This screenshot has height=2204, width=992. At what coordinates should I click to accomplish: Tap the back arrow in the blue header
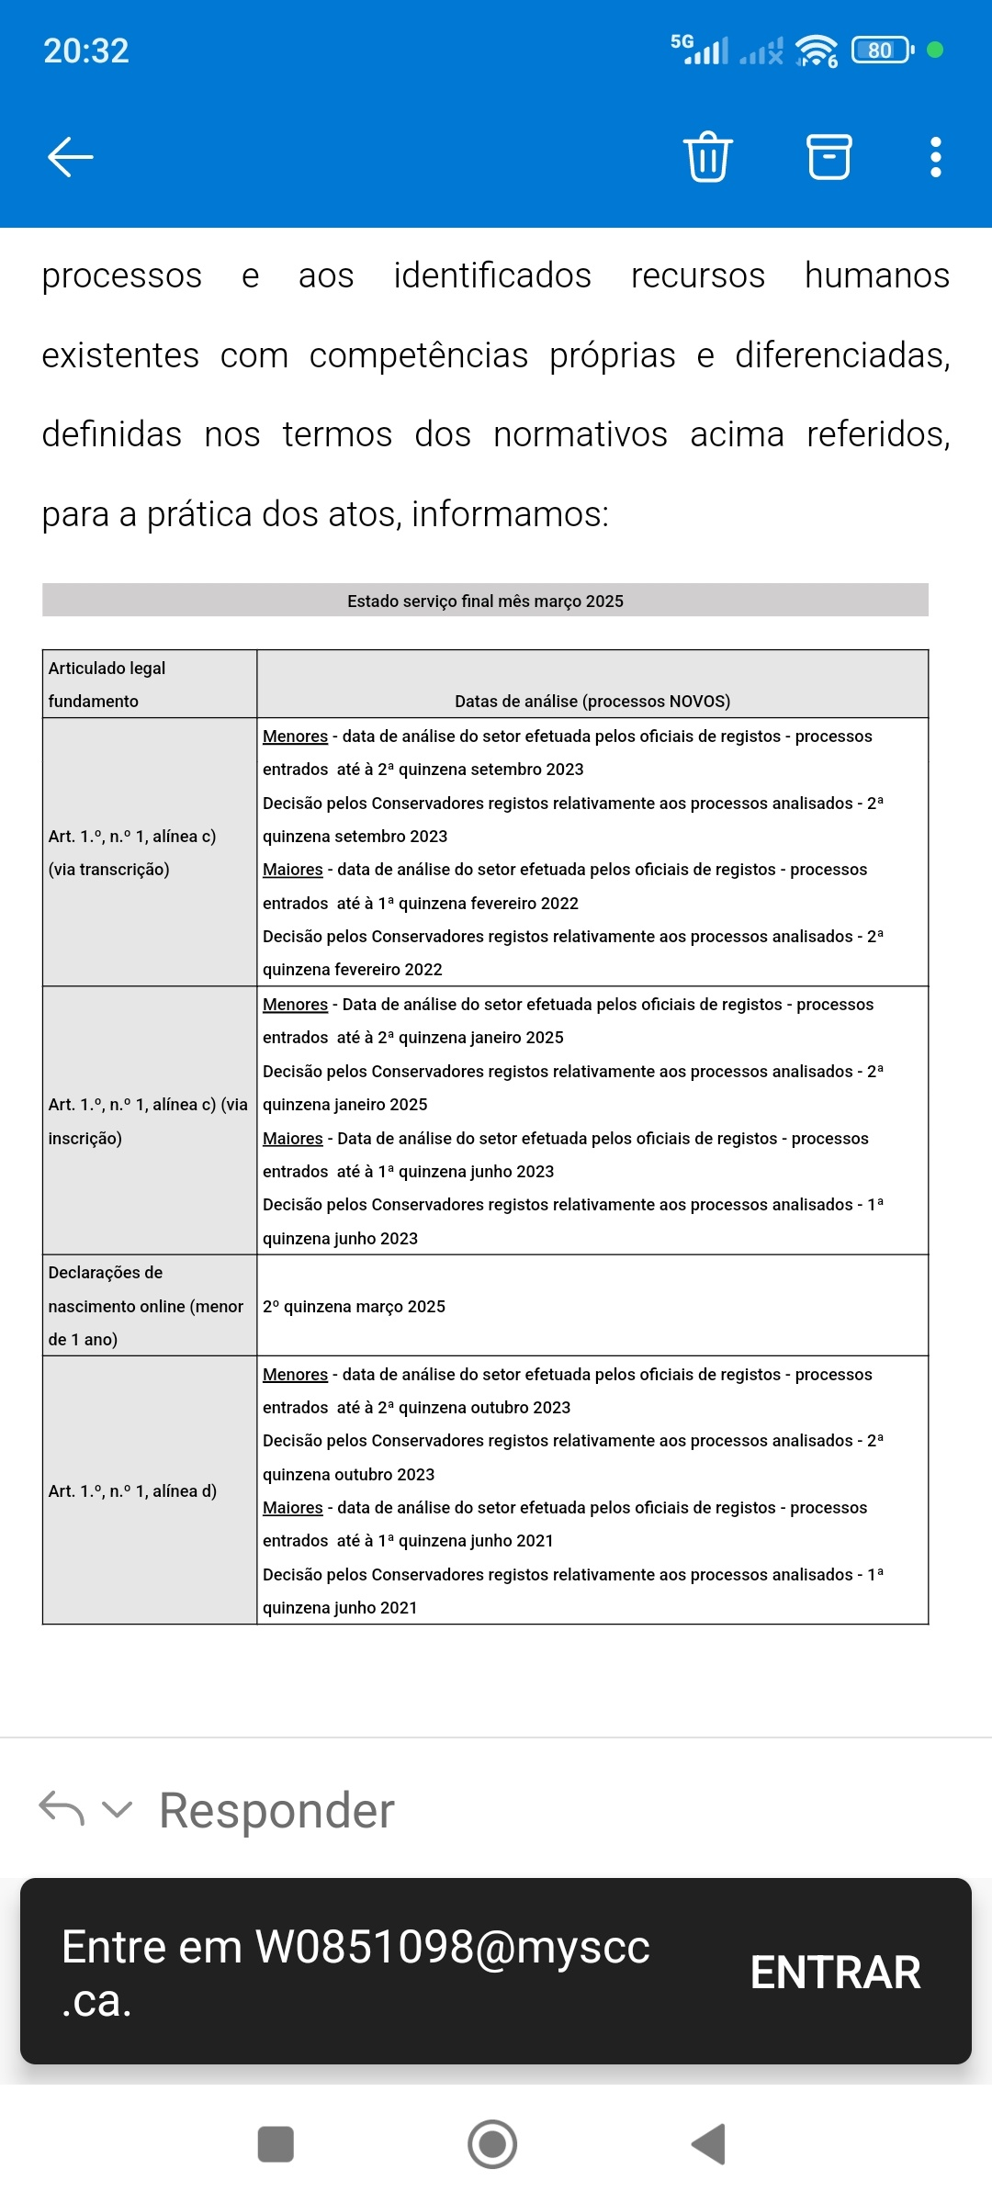(x=71, y=157)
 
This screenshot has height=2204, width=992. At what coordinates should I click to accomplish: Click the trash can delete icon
(x=707, y=157)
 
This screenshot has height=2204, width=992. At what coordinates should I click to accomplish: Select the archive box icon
(x=829, y=157)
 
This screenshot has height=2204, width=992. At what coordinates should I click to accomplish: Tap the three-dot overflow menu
(x=935, y=157)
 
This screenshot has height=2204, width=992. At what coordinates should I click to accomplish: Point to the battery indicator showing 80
(x=881, y=51)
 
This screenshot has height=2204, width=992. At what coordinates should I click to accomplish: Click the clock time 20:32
(x=86, y=51)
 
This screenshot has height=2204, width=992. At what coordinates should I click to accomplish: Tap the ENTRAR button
(x=835, y=1973)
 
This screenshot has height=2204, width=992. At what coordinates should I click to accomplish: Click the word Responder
(x=276, y=1811)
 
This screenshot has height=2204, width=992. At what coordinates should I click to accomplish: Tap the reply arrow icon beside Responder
(x=62, y=1809)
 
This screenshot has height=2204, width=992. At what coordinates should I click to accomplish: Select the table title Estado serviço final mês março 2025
(x=485, y=602)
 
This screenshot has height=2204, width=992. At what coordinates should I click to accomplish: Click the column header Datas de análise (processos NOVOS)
(x=592, y=702)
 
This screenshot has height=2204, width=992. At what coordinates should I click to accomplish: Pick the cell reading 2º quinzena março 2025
(x=354, y=1307)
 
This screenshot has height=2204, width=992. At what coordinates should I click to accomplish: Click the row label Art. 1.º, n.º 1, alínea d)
(x=132, y=1491)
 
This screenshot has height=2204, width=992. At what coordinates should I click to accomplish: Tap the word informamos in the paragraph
(x=509, y=514)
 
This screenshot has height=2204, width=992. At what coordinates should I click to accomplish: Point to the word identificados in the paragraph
(x=492, y=275)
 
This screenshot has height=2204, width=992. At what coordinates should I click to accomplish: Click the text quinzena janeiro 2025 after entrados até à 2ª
(x=480, y=1038)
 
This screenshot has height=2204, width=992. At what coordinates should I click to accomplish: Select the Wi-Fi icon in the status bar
(x=816, y=51)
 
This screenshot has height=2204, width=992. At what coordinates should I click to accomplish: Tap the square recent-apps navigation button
(x=276, y=2144)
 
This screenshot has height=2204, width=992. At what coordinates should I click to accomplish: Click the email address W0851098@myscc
(x=452, y=1947)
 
